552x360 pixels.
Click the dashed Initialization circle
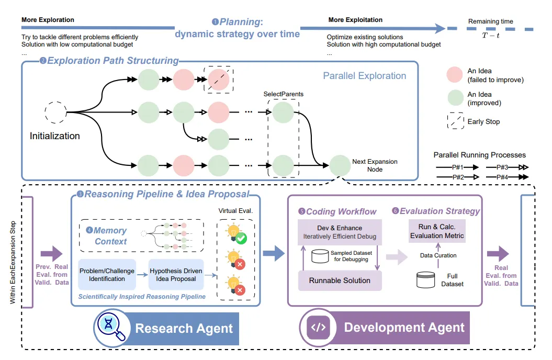pyautogui.click(x=55, y=112)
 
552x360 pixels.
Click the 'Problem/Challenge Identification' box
pyautogui.click(x=107, y=275)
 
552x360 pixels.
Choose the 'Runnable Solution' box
pyautogui.click(x=340, y=280)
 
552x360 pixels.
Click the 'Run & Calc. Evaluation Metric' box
pyautogui.click(x=437, y=231)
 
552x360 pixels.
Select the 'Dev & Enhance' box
pyautogui.click(x=340, y=232)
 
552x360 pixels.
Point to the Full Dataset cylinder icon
pyautogui.click(x=426, y=280)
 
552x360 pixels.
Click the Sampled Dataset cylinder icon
pyautogui.click(x=320, y=256)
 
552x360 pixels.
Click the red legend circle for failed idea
pyautogui.click(x=455, y=75)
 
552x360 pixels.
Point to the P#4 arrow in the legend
pyautogui.click(x=507, y=177)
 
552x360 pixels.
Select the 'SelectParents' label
pyautogui.click(x=284, y=94)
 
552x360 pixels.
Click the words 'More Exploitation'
pyautogui.click(x=355, y=20)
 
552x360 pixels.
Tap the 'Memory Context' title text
pyautogui.click(x=110, y=236)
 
